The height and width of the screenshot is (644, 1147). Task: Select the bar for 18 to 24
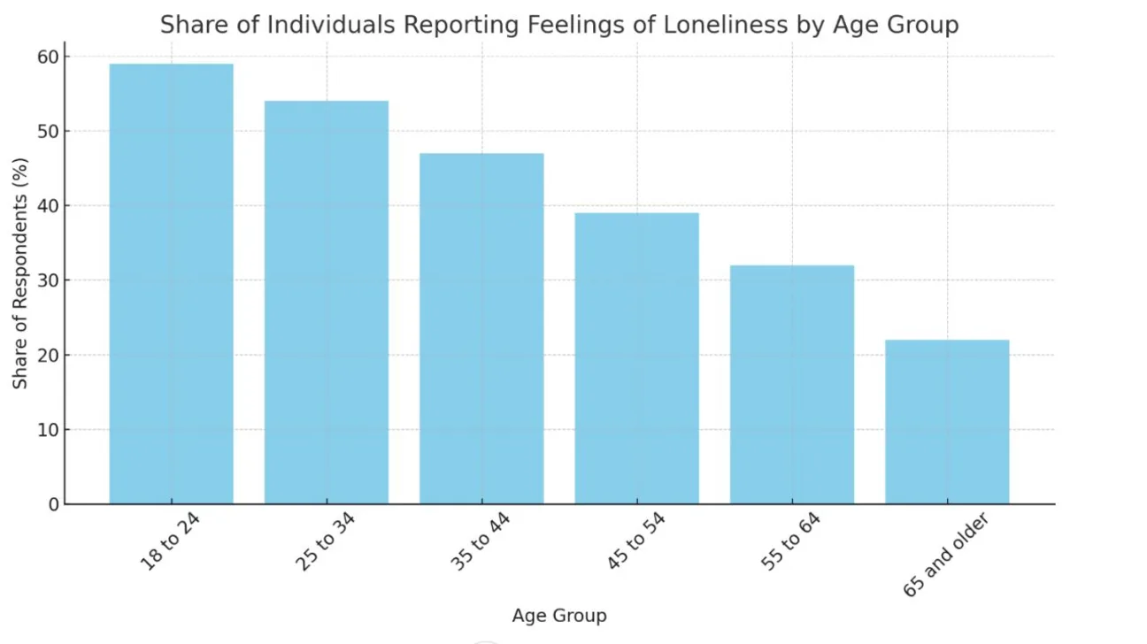coord(171,284)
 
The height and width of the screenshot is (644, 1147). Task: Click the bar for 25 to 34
coord(327,303)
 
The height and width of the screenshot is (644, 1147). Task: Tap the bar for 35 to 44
coord(481,329)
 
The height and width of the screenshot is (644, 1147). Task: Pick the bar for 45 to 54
coord(636,358)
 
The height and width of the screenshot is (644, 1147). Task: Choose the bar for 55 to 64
coord(791,385)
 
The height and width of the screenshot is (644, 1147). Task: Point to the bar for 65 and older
coord(947,422)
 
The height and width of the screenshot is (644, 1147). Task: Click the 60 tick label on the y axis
coord(48,57)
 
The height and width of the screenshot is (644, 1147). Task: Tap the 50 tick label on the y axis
coord(48,132)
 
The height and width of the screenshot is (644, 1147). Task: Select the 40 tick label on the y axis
coord(48,206)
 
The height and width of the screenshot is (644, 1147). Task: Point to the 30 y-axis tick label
coord(48,280)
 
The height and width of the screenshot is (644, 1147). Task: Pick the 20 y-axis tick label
coord(48,356)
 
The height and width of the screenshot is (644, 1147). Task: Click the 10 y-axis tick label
coord(48,430)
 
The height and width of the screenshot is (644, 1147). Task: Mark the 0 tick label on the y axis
coord(54,505)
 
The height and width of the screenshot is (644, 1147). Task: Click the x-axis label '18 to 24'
coord(170,541)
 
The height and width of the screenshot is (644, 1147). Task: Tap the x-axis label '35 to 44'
coord(480,541)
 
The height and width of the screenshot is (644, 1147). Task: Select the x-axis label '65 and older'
coord(945,555)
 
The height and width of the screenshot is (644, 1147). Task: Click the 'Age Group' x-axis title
coord(559,616)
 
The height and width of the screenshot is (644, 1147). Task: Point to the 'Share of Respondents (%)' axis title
coord(19,273)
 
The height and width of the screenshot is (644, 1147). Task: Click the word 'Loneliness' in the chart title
coord(725,25)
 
